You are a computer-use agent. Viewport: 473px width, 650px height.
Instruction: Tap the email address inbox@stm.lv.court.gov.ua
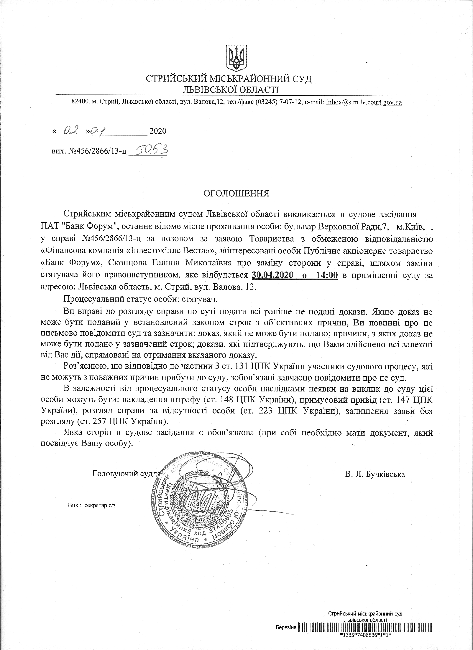click(x=364, y=102)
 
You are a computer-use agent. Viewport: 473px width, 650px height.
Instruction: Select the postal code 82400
click(x=80, y=102)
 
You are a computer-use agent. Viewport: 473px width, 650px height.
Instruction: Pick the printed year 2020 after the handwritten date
click(x=158, y=131)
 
